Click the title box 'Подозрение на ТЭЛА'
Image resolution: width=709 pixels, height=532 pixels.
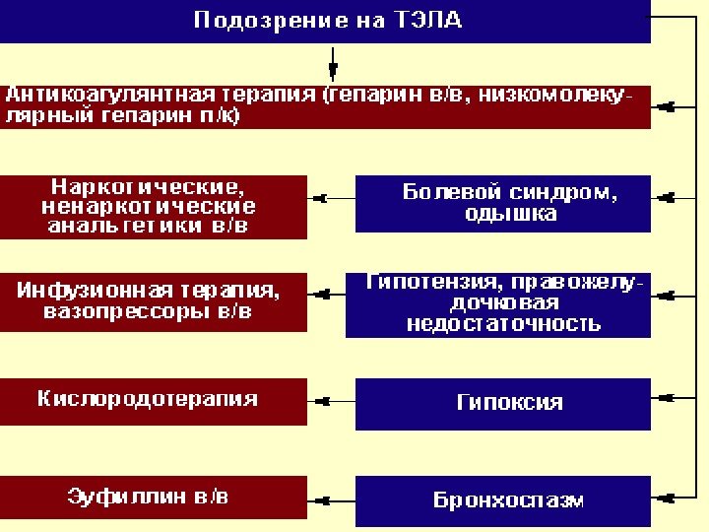(x=325, y=21)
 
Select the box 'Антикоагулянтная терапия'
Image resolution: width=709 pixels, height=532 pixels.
(x=325, y=106)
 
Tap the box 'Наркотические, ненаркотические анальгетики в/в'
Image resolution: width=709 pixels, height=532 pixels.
(x=153, y=206)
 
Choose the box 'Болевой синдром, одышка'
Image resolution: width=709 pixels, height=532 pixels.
(x=502, y=203)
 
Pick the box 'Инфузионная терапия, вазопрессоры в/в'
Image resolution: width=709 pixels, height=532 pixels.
(x=153, y=300)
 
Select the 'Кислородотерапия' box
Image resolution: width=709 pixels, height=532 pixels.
(x=153, y=400)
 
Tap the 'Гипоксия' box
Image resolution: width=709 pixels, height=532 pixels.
(x=502, y=403)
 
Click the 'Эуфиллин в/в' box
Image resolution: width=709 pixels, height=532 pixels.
(x=153, y=497)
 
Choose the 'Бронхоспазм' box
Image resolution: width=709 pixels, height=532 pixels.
(x=502, y=499)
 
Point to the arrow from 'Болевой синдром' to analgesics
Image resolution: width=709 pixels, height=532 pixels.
(x=331, y=198)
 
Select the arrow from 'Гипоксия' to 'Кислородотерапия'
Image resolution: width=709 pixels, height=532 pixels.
(x=331, y=401)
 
